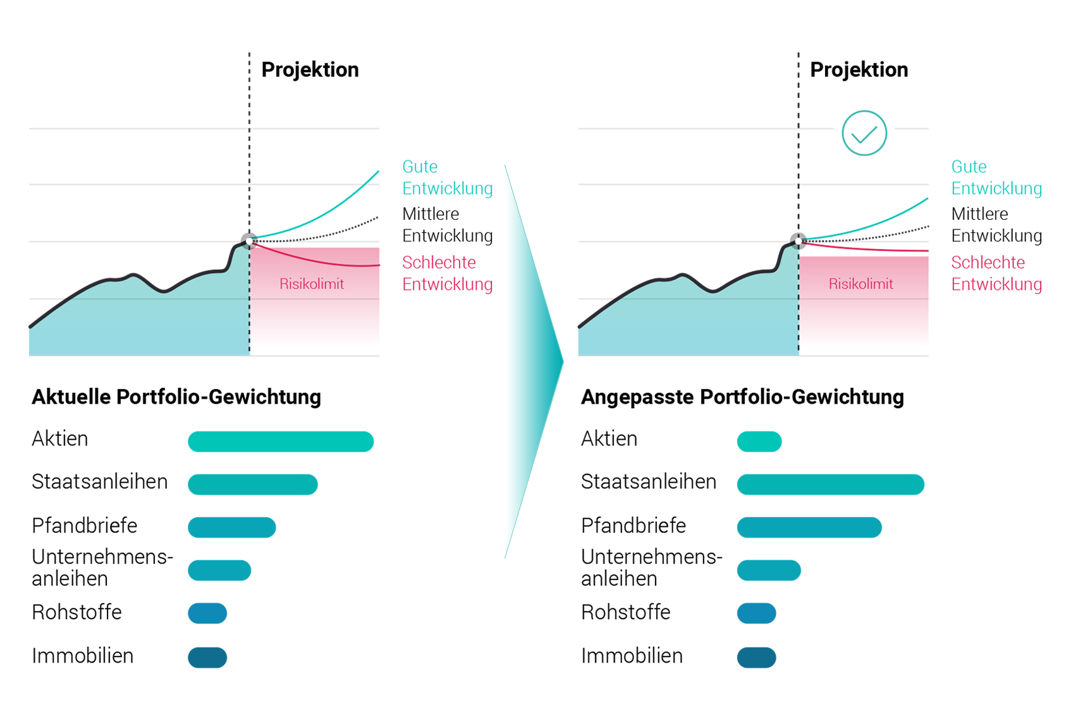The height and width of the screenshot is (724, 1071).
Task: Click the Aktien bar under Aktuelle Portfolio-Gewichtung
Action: [281, 442]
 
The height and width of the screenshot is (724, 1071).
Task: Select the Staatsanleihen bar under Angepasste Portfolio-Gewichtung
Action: [830, 485]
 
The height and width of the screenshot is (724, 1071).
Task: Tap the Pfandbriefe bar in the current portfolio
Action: [232, 528]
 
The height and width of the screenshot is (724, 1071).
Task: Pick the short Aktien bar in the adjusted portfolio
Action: [759, 442]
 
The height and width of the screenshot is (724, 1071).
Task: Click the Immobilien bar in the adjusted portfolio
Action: [756, 657]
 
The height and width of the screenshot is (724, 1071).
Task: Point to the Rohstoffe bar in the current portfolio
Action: [207, 613]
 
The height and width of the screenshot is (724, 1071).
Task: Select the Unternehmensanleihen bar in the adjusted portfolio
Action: [769, 570]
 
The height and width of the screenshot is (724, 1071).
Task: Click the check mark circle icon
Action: [864, 133]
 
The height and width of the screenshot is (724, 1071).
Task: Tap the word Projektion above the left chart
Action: [310, 69]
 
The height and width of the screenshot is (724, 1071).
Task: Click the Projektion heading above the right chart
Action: [859, 69]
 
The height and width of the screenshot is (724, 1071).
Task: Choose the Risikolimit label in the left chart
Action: [312, 284]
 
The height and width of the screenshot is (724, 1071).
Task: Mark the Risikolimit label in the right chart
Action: [860, 284]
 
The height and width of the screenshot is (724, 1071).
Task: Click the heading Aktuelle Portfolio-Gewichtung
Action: [176, 397]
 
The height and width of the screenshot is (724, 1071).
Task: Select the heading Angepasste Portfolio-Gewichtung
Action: [742, 397]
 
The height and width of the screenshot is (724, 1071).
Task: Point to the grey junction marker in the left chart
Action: [250, 241]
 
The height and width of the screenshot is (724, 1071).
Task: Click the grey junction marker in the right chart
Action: [799, 241]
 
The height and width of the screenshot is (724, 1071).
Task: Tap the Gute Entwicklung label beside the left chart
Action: [447, 178]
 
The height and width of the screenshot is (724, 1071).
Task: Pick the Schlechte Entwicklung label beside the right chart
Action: [996, 273]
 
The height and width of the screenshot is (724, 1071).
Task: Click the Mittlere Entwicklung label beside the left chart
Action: [447, 225]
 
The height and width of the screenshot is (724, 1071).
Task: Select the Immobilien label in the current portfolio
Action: [83, 656]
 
